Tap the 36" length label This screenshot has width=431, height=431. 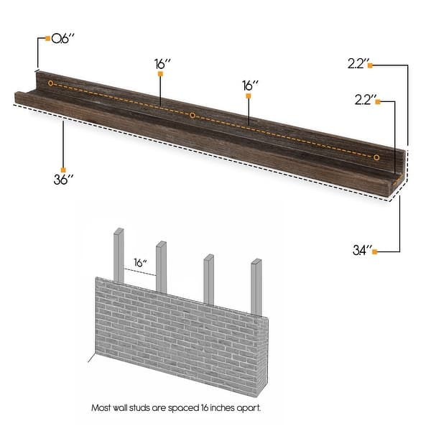[65, 180]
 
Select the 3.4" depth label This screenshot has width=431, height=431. [363, 251]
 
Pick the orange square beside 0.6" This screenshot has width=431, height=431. [48, 38]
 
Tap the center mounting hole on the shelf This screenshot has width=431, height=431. [193, 114]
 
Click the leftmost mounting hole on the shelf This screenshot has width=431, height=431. [50, 84]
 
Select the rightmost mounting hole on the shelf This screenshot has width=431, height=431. [376, 155]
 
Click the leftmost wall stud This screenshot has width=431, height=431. [119, 255]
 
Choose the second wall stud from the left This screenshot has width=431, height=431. [163, 266]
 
